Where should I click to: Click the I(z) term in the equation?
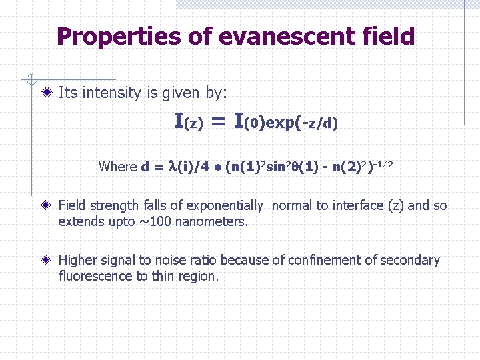188,122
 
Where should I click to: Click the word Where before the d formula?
117,166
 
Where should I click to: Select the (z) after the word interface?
396,205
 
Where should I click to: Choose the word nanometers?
218,221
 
